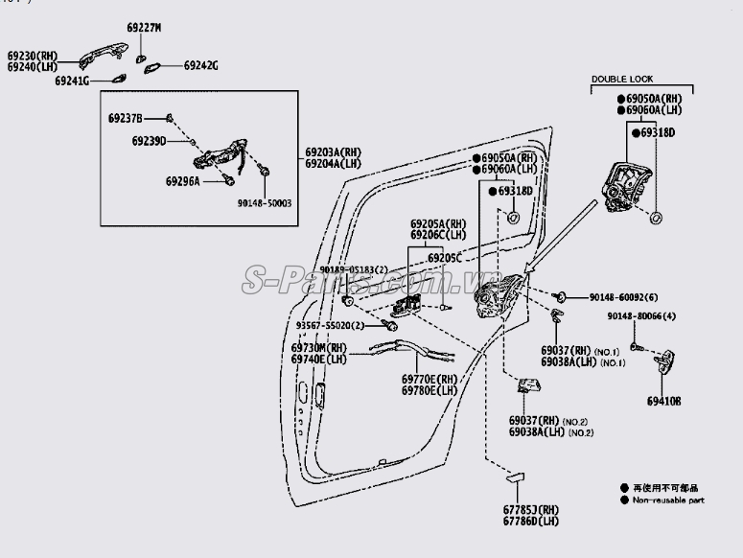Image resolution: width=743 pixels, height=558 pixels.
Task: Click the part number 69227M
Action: pos(146,28)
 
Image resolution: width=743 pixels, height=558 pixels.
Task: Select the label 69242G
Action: pos(200,65)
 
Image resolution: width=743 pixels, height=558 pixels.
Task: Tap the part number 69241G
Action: pos(72,82)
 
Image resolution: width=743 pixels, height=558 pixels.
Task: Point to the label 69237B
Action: pos(125,118)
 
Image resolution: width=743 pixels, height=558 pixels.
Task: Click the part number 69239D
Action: pos(150,141)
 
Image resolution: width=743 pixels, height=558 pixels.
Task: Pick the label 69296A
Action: pos(182,180)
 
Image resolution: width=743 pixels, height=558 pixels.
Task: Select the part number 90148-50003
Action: pos(265,203)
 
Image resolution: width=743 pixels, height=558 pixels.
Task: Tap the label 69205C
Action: pos(445,258)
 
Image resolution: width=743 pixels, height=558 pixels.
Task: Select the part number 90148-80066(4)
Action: pos(641,316)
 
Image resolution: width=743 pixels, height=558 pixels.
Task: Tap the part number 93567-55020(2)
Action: pos(324,326)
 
